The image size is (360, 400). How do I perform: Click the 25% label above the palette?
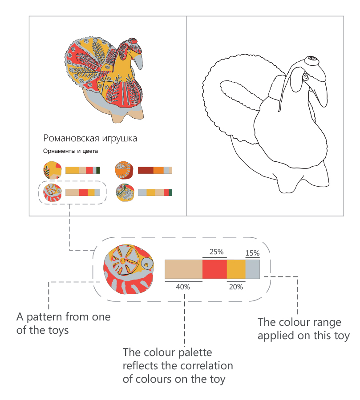[216, 252]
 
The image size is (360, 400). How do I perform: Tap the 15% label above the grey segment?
[252, 253]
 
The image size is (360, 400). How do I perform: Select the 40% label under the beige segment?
[183, 287]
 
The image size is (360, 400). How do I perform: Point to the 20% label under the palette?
[236, 287]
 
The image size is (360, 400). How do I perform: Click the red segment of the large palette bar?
[214, 269]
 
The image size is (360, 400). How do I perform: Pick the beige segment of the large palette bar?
[183, 269]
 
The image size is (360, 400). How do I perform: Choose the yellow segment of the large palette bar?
[236, 269]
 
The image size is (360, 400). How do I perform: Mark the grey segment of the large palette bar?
[252, 269]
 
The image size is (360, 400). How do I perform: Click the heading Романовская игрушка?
[90, 138]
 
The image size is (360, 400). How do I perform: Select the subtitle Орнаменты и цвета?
[70, 151]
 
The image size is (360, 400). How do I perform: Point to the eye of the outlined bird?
[306, 77]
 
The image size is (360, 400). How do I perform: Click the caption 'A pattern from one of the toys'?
[63, 324]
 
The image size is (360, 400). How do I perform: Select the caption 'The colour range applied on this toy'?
[303, 328]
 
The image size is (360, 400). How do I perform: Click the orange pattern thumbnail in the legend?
[123, 170]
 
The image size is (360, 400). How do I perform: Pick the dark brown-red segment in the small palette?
[146, 170]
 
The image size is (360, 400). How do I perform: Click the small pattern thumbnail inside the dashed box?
[51, 192]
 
